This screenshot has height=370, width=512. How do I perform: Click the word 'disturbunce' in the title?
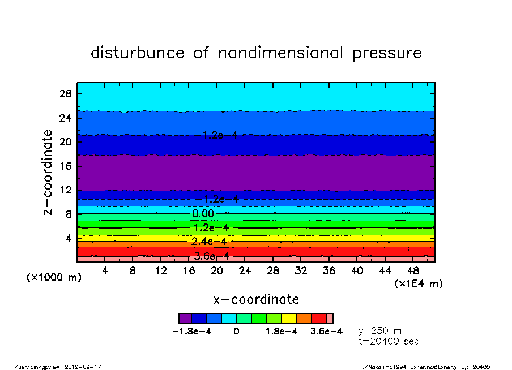click(138, 53)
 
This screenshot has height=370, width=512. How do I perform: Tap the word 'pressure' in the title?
click(387, 53)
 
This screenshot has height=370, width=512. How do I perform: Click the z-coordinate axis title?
click(48, 172)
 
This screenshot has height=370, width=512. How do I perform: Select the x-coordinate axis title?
click(256, 299)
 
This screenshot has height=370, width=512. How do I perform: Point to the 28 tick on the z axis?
click(65, 94)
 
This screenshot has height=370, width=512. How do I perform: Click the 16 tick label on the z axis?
click(65, 166)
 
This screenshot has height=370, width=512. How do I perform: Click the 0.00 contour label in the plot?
click(203, 213)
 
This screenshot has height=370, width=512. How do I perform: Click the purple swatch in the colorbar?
click(185, 319)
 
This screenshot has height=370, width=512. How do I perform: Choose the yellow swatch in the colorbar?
click(289, 319)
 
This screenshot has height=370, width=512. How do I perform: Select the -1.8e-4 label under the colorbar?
click(191, 332)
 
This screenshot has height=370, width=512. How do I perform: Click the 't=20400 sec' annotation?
click(389, 341)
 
